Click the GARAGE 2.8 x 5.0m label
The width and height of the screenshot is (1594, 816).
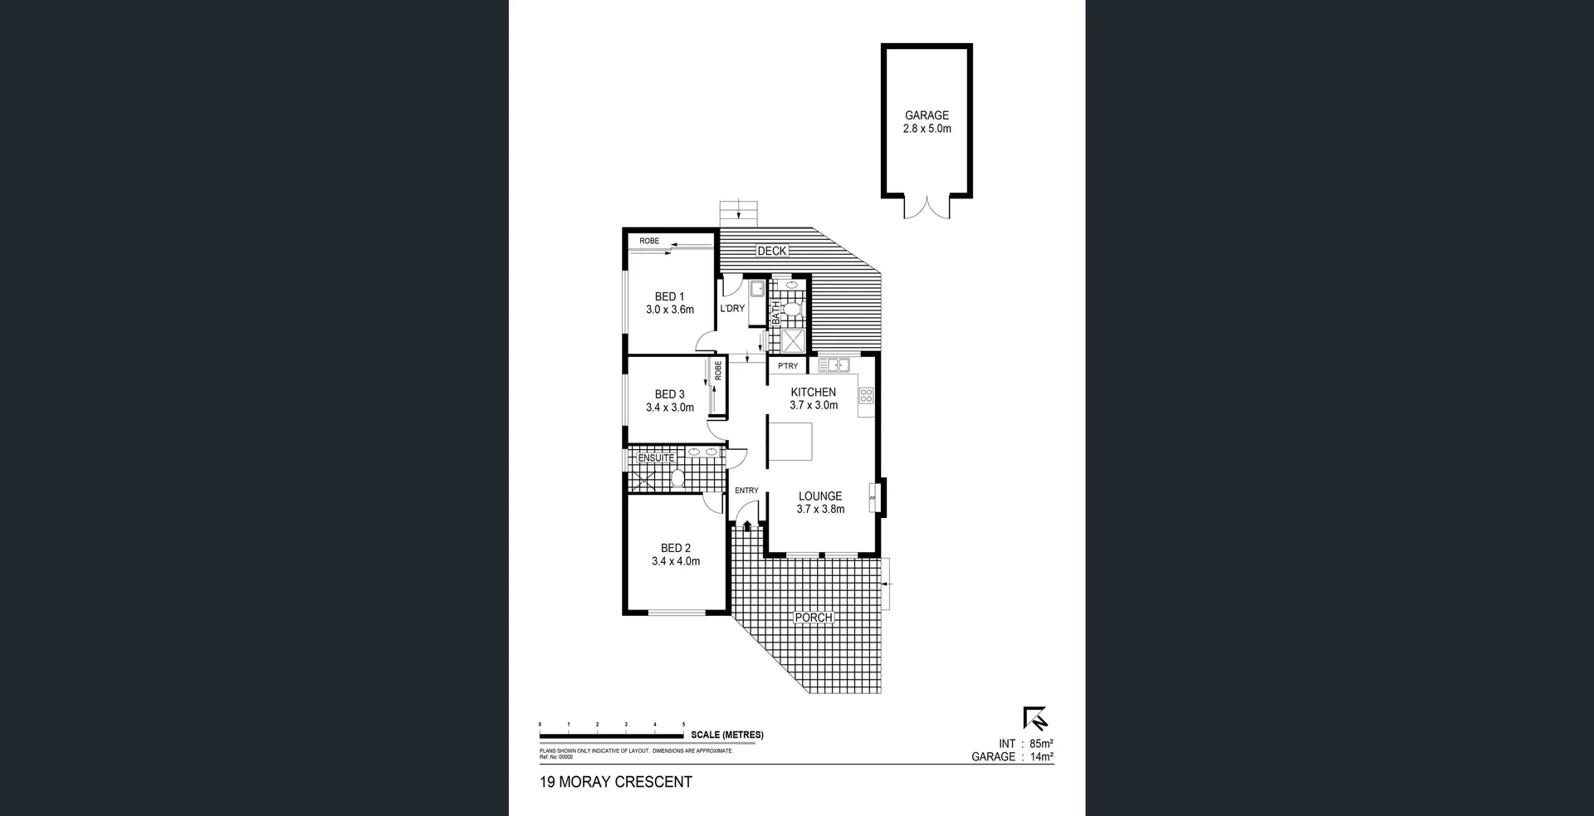[927, 122]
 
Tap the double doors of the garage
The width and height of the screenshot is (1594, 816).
[927, 207]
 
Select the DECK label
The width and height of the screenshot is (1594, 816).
[771, 251]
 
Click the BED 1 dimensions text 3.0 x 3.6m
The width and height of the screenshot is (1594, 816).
[669, 310]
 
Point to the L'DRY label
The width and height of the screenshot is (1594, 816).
[732, 309]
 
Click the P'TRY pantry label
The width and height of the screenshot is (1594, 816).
[788, 366]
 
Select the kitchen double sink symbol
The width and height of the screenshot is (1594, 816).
[834, 364]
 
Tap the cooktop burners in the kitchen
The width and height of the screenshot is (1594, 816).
[866, 395]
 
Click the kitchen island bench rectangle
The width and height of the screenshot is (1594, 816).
[789, 441]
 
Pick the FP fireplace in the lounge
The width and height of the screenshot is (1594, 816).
[873, 498]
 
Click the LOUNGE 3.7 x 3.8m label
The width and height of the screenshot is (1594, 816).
[820, 502]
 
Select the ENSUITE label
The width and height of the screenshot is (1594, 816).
[656, 458]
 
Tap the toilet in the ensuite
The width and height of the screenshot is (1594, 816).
[677, 479]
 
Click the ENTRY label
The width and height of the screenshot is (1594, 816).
[746, 491]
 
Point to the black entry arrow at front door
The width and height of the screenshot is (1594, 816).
[747, 525]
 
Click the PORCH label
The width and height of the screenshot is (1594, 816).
[813, 618]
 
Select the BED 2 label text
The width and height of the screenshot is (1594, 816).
[675, 548]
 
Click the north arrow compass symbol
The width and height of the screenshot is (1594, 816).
[1035, 718]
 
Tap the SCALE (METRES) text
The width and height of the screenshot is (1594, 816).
[726, 735]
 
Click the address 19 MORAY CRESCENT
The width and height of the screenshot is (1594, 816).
[615, 782]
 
